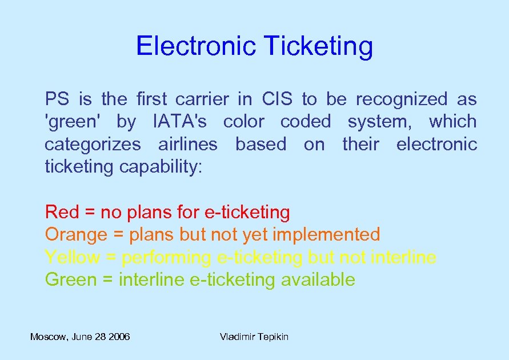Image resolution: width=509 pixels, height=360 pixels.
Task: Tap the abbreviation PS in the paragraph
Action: (x=58, y=99)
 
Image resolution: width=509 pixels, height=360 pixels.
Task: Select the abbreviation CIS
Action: (x=277, y=99)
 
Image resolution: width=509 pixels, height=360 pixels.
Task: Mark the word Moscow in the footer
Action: (x=48, y=337)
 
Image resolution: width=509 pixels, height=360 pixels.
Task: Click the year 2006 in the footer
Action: (x=118, y=337)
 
